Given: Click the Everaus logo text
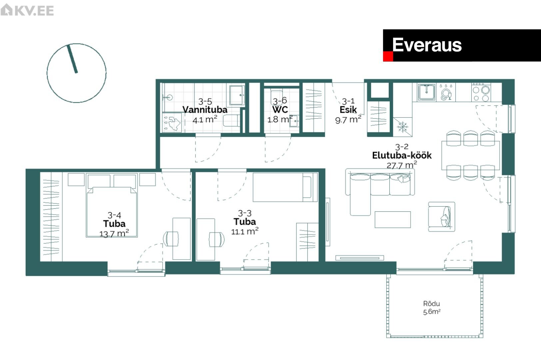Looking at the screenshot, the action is point(427,45).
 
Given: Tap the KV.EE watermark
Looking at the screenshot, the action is point(27,10).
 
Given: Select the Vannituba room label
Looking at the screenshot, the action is point(205,110).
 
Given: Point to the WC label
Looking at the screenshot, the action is point(280,110).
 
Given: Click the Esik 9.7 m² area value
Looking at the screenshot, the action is point(348,119).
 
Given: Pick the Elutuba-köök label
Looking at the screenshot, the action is point(402,155).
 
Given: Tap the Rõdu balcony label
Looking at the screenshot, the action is point(431,303).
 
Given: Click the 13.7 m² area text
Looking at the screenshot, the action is point(114,233).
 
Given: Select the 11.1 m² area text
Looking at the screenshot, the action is point(245,231).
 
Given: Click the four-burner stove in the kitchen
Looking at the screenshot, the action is point(481,92).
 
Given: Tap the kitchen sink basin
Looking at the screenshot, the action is point(426,92).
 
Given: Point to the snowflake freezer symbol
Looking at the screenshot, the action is point(403,127).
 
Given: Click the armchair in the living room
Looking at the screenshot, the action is point(441,217).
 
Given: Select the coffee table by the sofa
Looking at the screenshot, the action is point(392,219).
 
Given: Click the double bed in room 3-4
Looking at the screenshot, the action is point(112,205).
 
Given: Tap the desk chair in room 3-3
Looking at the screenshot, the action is point(217,239).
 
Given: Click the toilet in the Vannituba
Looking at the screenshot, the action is point(232,121).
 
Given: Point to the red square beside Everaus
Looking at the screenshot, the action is point(388,57).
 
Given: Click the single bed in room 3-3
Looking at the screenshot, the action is point(285,187).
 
